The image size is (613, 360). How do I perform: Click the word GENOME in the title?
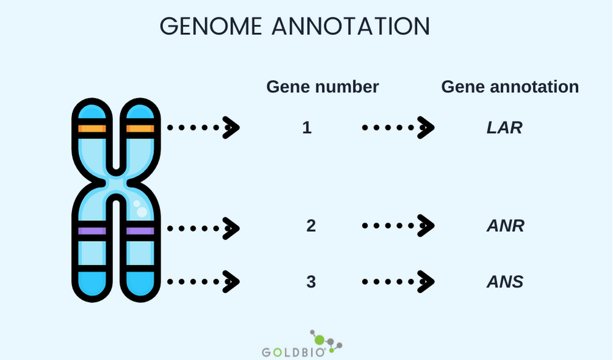click(x=211, y=26)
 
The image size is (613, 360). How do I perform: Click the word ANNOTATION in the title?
click(x=350, y=26)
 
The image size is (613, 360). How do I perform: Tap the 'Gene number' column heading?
click(x=322, y=87)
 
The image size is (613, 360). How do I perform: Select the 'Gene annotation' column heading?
click(x=510, y=87)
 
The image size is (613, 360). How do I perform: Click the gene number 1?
click(x=307, y=128)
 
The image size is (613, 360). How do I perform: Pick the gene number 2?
click(x=311, y=226)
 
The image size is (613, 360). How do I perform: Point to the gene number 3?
click(x=311, y=282)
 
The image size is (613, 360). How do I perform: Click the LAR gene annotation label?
click(x=504, y=128)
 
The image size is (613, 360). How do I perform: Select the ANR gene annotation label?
click(x=506, y=226)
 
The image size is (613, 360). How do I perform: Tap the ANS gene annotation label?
click(x=505, y=282)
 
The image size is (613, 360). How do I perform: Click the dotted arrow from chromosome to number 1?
click(x=203, y=128)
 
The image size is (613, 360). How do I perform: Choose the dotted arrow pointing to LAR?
click(x=398, y=128)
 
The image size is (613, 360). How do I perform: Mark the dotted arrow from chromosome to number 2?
click(x=203, y=228)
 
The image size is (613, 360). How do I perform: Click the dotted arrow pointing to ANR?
click(x=398, y=226)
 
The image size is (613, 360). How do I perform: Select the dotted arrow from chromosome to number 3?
click(x=203, y=282)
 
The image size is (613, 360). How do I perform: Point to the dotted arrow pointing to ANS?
click(x=398, y=282)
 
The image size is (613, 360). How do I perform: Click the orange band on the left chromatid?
click(x=92, y=129)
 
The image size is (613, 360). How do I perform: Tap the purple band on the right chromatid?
click(x=140, y=231)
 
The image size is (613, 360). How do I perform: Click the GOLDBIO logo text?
click(x=294, y=352)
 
